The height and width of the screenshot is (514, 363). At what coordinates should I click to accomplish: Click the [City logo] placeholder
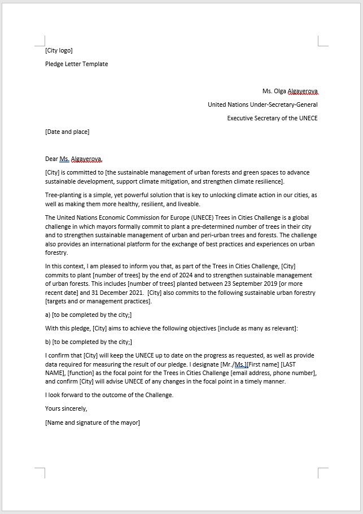tap(59, 51)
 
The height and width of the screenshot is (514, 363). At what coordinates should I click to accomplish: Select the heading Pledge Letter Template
tap(77, 64)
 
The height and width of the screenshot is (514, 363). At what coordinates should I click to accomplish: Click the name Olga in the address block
tap(281, 91)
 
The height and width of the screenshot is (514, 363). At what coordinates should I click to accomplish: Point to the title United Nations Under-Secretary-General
tap(263, 104)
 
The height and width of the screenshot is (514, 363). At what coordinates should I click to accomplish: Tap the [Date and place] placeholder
tap(67, 132)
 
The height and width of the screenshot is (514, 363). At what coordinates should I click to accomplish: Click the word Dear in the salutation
tap(51, 159)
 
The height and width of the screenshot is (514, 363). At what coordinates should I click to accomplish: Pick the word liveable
tap(187, 204)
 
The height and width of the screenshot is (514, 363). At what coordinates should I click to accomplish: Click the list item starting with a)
tap(88, 315)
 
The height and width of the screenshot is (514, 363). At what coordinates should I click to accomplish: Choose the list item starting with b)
tap(88, 342)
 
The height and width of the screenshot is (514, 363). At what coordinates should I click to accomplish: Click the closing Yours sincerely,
tap(66, 408)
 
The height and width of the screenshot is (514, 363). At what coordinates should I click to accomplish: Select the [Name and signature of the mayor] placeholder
tap(92, 422)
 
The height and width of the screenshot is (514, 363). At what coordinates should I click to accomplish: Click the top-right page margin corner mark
tap(322, 41)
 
